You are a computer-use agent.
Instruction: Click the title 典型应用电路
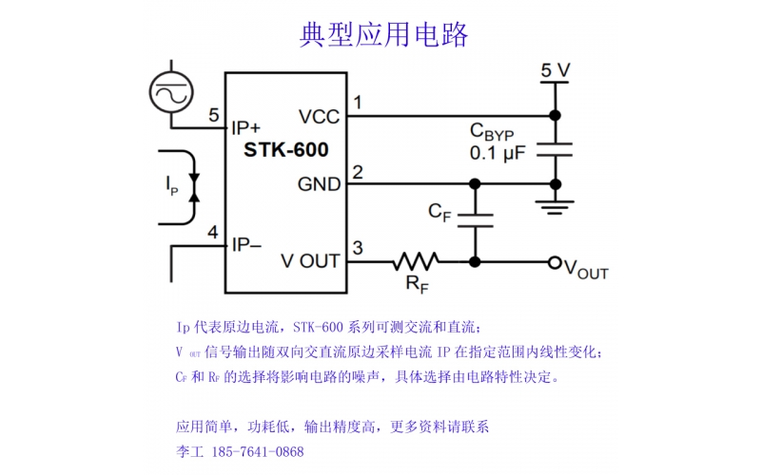coord(383,35)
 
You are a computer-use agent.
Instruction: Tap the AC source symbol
coord(172,93)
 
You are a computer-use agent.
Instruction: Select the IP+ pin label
coord(246,125)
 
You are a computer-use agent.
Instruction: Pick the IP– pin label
coord(246,244)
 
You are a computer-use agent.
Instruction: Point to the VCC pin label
coord(319,117)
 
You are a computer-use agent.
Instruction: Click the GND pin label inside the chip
coord(319,183)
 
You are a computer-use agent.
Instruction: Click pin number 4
coord(213,233)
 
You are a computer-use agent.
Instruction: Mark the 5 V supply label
coord(555,70)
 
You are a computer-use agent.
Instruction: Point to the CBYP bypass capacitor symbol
coord(555,149)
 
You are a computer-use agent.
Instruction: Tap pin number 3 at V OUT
coord(358,249)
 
